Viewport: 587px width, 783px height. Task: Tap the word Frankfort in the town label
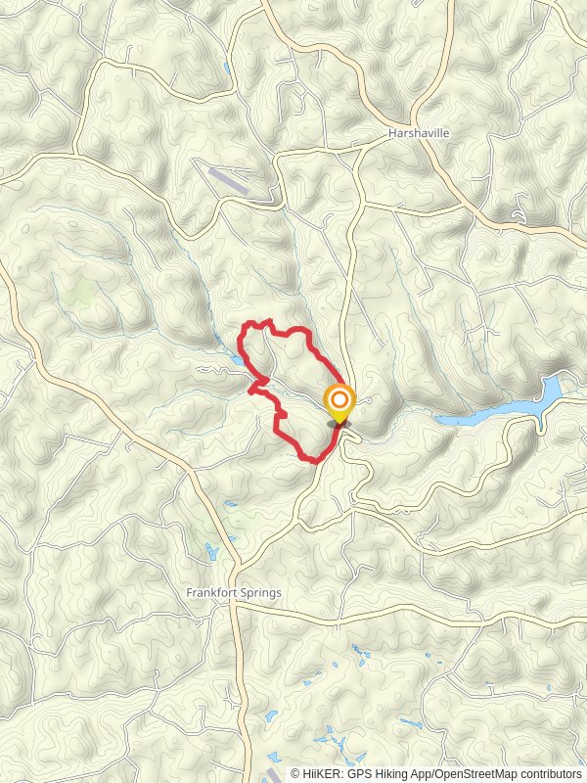pyautogui.click(x=209, y=593)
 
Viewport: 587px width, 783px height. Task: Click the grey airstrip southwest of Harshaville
pyautogui.click(x=228, y=177)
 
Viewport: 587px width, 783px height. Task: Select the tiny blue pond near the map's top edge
pyautogui.click(x=226, y=69)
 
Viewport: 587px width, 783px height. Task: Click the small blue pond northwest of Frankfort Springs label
pyautogui.click(x=209, y=549)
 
